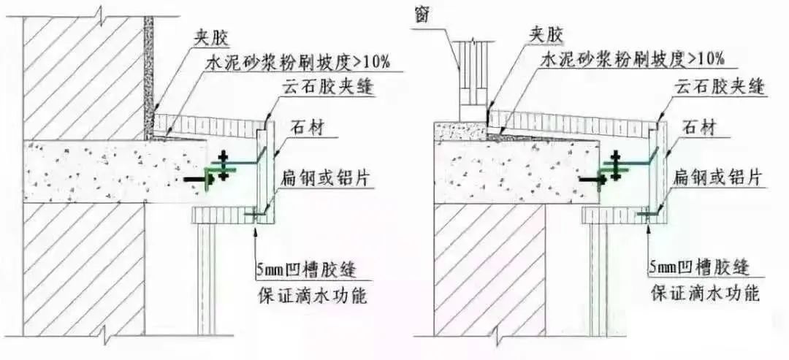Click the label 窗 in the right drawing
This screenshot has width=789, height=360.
(x=422, y=15)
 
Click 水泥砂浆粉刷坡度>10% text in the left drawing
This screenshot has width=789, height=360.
(x=298, y=63)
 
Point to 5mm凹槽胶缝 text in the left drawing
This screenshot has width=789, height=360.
(x=307, y=270)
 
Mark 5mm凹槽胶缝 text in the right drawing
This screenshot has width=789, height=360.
(x=699, y=267)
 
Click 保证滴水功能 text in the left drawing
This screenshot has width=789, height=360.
(x=313, y=296)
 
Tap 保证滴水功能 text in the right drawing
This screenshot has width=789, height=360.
(x=706, y=293)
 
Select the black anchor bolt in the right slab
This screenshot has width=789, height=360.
(x=590, y=179)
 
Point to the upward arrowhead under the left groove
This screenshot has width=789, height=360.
(x=256, y=230)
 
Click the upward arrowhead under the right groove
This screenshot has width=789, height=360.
(x=649, y=229)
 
